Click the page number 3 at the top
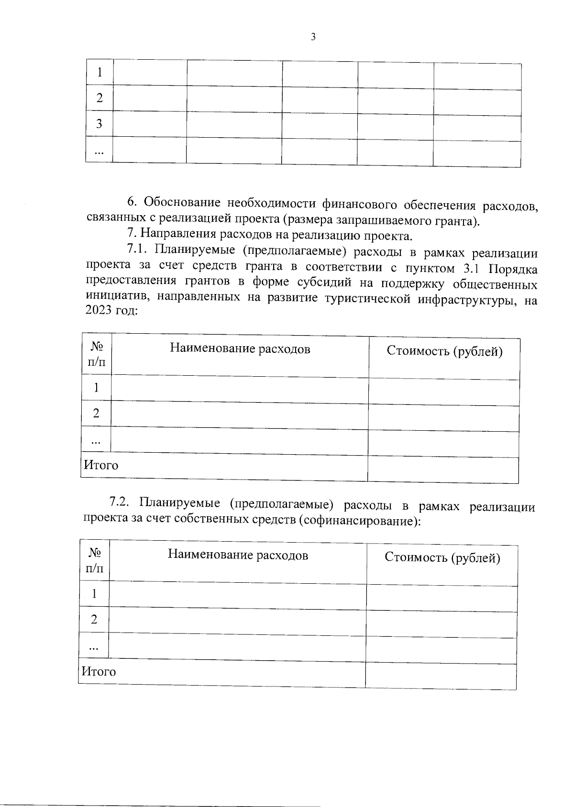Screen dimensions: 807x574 [x=313, y=37]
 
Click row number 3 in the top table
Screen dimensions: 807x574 [x=99, y=124]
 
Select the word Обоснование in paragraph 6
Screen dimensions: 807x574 [x=181, y=202]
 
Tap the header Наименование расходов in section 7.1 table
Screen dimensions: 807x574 [x=240, y=349]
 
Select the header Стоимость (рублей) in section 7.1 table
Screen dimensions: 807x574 [x=444, y=351]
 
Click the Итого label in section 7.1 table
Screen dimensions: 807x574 [x=101, y=465]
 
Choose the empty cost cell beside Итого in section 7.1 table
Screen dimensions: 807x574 [x=443, y=469]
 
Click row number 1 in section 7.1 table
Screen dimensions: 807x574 [x=97, y=387]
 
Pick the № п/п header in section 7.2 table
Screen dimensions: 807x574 [x=94, y=560]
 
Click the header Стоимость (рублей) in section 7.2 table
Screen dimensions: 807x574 [x=442, y=558]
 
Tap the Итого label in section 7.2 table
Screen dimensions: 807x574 [x=99, y=671]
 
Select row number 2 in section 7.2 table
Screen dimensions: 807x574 [x=94, y=620]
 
